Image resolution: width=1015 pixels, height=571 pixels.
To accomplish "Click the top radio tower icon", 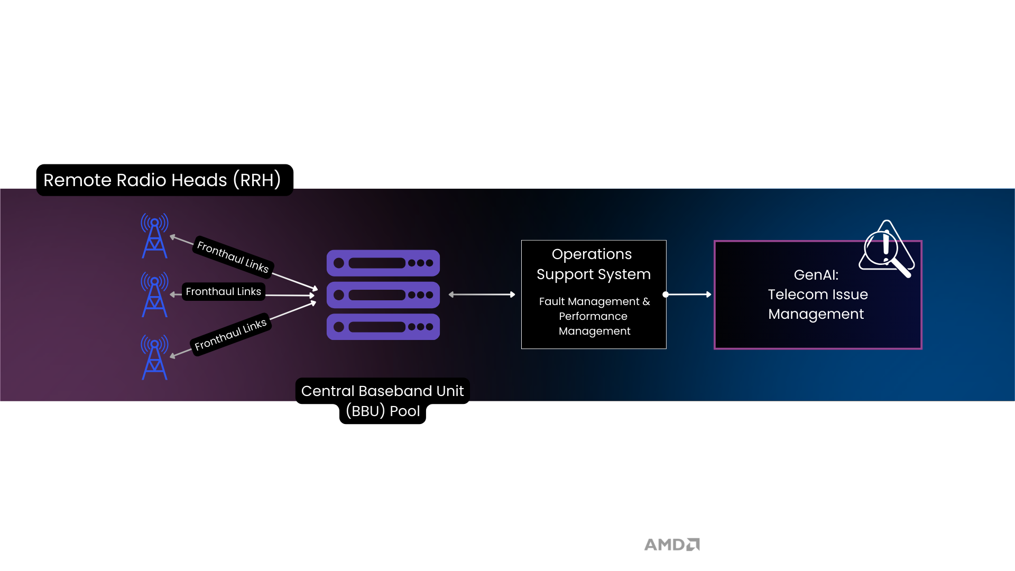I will click(x=154, y=236).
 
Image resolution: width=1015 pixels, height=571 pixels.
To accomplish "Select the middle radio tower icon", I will click(x=154, y=294).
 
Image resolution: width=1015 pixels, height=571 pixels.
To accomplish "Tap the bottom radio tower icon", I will click(x=154, y=357).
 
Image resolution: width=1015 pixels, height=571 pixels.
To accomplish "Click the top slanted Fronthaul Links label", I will click(x=233, y=256).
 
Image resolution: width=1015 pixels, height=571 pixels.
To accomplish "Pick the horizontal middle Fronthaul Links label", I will click(x=223, y=292).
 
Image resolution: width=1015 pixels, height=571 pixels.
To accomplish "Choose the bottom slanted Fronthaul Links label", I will click(x=230, y=335).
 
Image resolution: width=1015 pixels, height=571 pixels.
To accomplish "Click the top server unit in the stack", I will click(x=383, y=263).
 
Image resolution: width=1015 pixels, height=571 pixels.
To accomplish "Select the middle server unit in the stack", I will click(x=383, y=295).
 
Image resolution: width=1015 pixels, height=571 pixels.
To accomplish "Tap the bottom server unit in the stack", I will click(x=383, y=327).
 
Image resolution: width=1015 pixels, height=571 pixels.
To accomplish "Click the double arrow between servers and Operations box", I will click(x=482, y=294).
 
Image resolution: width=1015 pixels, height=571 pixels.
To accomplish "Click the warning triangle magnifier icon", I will click(x=886, y=247).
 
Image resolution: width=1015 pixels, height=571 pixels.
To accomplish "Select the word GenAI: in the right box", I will click(x=816, y=275).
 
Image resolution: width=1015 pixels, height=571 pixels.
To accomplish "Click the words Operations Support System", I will click(x=593, y=264).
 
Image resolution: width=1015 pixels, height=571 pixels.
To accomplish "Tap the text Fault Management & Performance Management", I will click(x=594, y=316).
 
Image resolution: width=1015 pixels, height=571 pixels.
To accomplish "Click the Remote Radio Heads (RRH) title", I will click(x=162, y=180).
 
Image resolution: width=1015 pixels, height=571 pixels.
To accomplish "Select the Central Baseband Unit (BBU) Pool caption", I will click(x=382, y=401).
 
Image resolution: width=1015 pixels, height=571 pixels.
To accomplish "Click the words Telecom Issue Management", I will click(x=817, y=304).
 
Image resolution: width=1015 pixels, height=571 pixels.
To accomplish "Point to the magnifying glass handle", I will click(x=902, y=268).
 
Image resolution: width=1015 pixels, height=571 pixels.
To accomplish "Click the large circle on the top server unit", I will click(x=339, y=263).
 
